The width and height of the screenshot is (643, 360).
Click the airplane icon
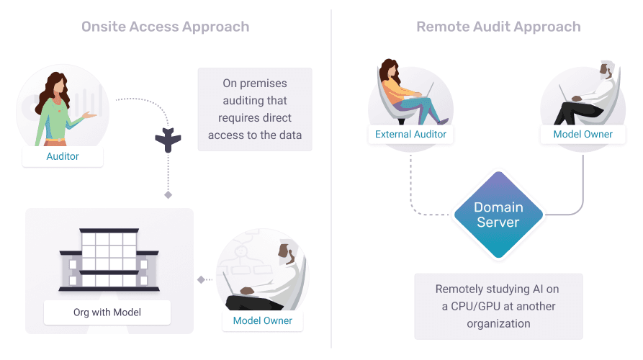pyautogui.click(x=168, y=140)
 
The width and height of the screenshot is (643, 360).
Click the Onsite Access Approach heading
pyautogui.click(x=166, y=27)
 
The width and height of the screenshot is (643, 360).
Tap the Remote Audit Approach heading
pyautogui.click(x=498, y=27)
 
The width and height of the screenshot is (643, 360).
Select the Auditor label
pyautogui.click(x=63, y=156)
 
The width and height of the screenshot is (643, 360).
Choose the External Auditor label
pyautogui.click(x=410, y=135)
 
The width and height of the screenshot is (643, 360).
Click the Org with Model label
pyautogui.click(x=107, y=312)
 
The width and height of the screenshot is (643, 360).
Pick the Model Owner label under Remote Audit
pyautogui.click(x=583, y=135)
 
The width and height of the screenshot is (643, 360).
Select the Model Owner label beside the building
pyautogui.click(x=263, y=321)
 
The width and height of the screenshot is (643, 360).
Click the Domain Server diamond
pyautogui.click(x=498, y=215)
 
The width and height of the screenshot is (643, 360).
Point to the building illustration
pyautogui.click(x=108, y=259)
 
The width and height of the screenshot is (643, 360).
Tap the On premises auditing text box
pyautogui.click(x=255, y=109)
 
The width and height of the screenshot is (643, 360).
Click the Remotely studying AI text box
pyautogui.click(x=498, y=306)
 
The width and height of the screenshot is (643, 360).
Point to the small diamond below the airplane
pyautogui.click(x=168, y=195)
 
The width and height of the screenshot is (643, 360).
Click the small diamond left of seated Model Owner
pyautogui.click(x=201, y=279)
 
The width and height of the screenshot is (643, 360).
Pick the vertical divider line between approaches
pyautogui.click(x=331, y=180)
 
